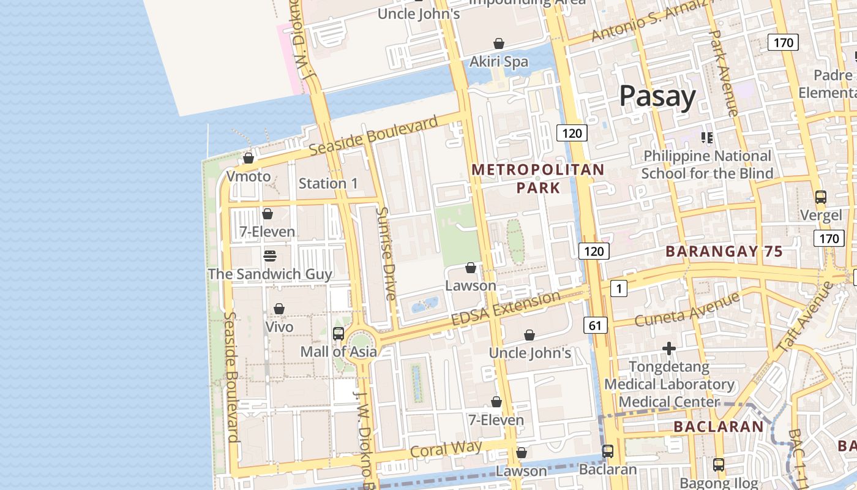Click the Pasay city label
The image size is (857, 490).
[x=657, y=96]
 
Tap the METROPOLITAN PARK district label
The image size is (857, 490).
[x=538, y=178]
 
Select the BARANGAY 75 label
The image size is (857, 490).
[x=724, y=251]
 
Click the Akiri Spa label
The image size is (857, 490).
[x=498, y=61]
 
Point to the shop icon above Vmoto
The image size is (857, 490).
[x=249, y=159]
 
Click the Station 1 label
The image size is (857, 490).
[x=328, y=183]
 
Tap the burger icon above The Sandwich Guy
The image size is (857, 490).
[x=270, y=255]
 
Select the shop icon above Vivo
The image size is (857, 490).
[x=279, y=309]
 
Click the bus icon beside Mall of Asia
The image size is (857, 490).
[x=339, y=334]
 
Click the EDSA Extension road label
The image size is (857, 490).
[x=506, y=309]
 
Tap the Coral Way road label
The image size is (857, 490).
[x=446, y=449]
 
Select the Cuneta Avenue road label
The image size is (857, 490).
[x=687, y=310]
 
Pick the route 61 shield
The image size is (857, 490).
[x=596, y=326]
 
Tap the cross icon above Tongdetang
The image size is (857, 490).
[x=669, y=349]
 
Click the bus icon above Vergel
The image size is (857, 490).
[x=821, y=197]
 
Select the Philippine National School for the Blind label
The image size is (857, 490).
[x=707, y=165]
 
